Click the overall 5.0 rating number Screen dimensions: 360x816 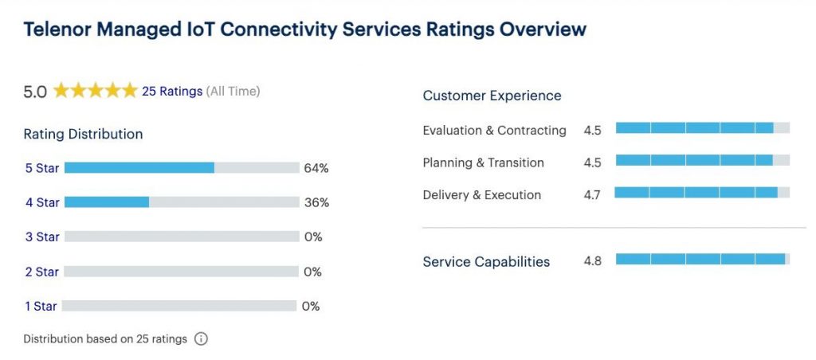(35, 92)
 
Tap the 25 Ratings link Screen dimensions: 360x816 (172, 92)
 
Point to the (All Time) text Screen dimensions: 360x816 (233, 92)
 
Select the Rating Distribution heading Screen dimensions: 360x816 (83, 134)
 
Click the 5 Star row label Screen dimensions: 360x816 (42, 168)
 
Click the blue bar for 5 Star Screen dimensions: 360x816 (139, 168)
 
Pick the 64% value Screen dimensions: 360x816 (316, 168)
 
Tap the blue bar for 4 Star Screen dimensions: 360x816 (107, 202)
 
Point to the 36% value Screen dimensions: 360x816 (316, 202)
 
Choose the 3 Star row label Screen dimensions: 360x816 (42, 237)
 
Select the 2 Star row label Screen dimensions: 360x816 (41, 272)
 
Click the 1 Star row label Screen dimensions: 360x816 (41, 306)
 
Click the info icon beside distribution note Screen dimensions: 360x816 (201, 339)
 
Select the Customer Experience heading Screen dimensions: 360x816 (492, 96)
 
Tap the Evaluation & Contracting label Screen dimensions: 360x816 (494, 130)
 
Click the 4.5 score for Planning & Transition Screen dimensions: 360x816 (592, 162)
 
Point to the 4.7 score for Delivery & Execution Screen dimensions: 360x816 (592, 195)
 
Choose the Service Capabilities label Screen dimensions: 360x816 (486, 262)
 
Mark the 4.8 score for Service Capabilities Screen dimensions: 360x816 (592, 261)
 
